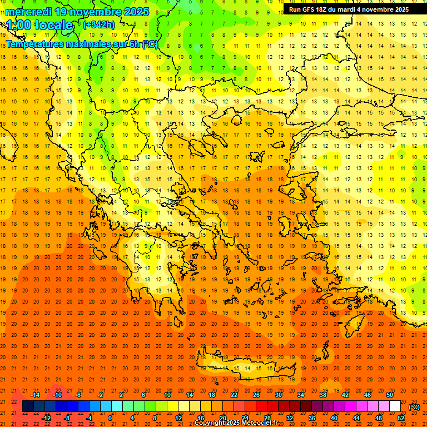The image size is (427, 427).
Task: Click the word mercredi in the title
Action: (29, 12)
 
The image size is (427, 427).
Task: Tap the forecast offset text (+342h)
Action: (99, 25)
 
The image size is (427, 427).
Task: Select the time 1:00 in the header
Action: (19, 25)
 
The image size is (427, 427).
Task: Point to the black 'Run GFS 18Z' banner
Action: (349, 9)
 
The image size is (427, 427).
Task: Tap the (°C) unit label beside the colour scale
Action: (414, 407)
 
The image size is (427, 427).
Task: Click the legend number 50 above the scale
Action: (390, 395)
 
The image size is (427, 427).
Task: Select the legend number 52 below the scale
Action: (401, 418)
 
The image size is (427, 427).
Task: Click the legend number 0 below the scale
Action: (110, 418)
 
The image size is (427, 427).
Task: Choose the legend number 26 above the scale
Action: (256, 395)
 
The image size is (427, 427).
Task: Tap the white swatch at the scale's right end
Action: (395, 406)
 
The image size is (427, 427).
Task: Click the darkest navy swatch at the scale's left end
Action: (28, 406)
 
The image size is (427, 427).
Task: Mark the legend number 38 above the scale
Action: (323, 395)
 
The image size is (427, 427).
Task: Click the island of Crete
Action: (250, 369)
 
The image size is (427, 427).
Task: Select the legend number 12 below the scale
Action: (178, 418)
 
